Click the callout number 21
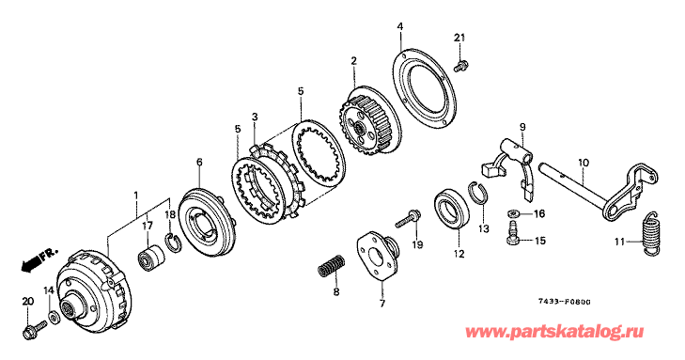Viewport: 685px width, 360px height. (x=459, y=38)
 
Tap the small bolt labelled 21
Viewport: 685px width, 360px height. (x=460, y=67)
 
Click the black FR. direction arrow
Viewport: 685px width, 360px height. (x=31, y=264)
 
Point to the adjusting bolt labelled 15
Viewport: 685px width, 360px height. (x=513, y=232)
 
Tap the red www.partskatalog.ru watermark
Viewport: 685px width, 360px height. (x=554, y=333)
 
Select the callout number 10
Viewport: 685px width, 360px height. (x=584, y=164)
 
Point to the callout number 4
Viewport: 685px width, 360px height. (x=399, y=26)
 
